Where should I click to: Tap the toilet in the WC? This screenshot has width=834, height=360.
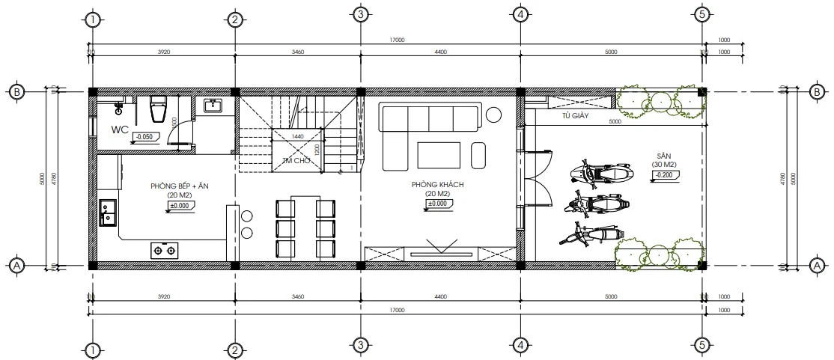click(x=158, y=109)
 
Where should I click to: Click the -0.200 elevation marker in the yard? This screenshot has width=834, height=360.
click(x=664, y=175)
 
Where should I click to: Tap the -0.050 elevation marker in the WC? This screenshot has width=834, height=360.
click(x=145, y=136)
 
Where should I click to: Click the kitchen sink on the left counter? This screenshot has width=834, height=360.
click(x=107, y=211)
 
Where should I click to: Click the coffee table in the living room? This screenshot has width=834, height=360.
click(x=439, y=155)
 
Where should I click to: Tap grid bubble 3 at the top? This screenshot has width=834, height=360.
click(x=360, y=14)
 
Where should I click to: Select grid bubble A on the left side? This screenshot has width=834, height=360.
click(x=16, y=265)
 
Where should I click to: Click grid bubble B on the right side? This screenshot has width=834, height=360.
click(x=816, y=92)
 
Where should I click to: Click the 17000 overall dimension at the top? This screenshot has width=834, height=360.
click(x=397, y=40)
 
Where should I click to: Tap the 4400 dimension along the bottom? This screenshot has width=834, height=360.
click(x=440, y=297)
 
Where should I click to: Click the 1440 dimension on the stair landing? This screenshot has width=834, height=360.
click(x=298, y=136)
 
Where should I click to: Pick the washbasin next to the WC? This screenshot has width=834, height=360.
click(x=211, y=105)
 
